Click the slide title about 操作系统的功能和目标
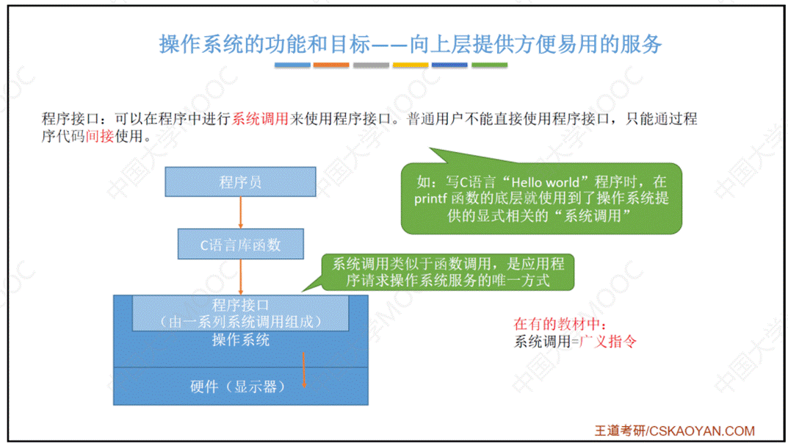pyautogui.click(x=411, y=44)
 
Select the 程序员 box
pyautogui.click(x=240, y=182)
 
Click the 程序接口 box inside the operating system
pyautogui.click(x=240, y=313)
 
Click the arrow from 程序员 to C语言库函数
pyautogui.click(x=240, y=212)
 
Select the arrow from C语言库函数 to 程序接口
pyautogui.click(x=240, y=277)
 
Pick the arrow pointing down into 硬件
pyautogui.click(x=303, y=372)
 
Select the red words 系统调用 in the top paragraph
pyautogui.click(x=260, y=119)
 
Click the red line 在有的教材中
pyautogui.click(x=561, y=323)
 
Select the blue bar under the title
pyautogui.click(x=292, y=65)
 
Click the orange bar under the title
pyautogui.click(x=331, y=65)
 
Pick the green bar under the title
pyautogui.click(x=489, y=65)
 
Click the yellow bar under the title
pyautogui.click(x=410, y=65)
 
